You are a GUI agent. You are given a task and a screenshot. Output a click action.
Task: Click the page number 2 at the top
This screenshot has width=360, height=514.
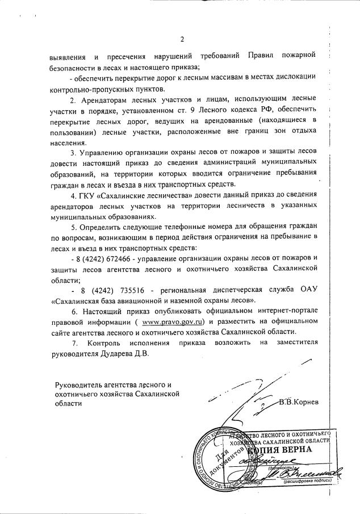tap(182, 39)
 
